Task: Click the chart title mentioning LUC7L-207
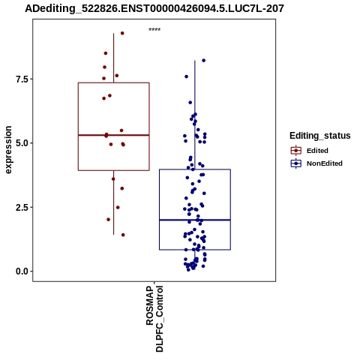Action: pos(154,8)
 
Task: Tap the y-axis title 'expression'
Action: pos(8,150)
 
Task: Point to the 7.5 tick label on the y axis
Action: pos(21,79)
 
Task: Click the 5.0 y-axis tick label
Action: pos(21,143)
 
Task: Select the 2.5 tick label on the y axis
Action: pos(21,208)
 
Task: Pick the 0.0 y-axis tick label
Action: pos(21,271)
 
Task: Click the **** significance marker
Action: pos(154,30)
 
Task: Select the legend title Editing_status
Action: pos(320,136)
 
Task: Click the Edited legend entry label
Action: pos(317,151)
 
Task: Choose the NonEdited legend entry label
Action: pos(325,163)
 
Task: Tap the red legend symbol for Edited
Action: pos(296,151)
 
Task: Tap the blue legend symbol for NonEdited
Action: pos(296,163)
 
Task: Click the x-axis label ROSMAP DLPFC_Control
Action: pos(154,319)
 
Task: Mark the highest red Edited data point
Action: pos(122,33)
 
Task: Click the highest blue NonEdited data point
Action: pos(204,61)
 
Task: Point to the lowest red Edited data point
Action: pos(123,235)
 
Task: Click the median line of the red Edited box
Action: pos(114,135)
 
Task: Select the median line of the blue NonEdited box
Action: pos(195,220)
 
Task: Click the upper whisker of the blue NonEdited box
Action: pos(195,115)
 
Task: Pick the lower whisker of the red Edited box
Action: pos(114,202)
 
